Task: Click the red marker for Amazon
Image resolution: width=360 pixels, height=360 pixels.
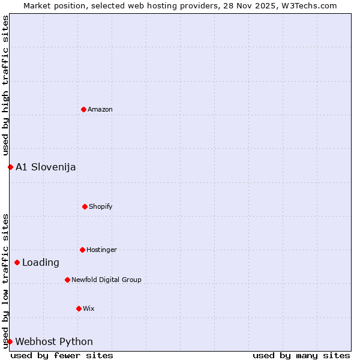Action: [x=83, y=109]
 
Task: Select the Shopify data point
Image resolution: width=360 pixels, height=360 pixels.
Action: [x=85, y=206]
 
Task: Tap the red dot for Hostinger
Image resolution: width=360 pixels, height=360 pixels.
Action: [x=82, y=250]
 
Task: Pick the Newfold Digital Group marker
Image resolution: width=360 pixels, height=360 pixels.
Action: [x=67, y=280]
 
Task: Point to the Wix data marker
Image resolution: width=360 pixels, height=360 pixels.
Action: [x=79, y=308]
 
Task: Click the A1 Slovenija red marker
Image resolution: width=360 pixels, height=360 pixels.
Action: [x=10, y=167]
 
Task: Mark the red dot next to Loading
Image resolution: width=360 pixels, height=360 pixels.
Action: [x=17, y=262]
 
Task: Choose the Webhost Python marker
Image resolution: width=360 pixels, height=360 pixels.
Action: [x=10, y=341]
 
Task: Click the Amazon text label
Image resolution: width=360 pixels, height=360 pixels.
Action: [x=100, y=109]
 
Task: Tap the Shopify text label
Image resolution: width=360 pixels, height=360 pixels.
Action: [x=101, y=206]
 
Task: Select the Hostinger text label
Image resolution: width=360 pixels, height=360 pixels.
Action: [x=101, y=250]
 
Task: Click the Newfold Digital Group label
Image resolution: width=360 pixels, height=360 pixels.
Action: [x=106, y=280]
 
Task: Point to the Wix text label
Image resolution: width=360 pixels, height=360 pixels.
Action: [x=89, y=308]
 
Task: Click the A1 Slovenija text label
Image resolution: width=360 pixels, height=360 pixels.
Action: [x=46, y=167]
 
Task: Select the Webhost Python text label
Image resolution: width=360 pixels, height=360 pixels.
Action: [x=54, y=341]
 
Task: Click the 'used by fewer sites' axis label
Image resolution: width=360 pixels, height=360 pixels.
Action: [x=62, y=355]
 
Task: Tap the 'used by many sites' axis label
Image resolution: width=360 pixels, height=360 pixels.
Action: [x=301, y=355]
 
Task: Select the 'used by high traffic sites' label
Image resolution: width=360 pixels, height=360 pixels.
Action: [x=5, y=86]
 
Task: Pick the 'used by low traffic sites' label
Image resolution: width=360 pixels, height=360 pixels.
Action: [x=5, y=281]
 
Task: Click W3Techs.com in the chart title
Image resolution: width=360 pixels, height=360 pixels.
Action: [x=311, y=5]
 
